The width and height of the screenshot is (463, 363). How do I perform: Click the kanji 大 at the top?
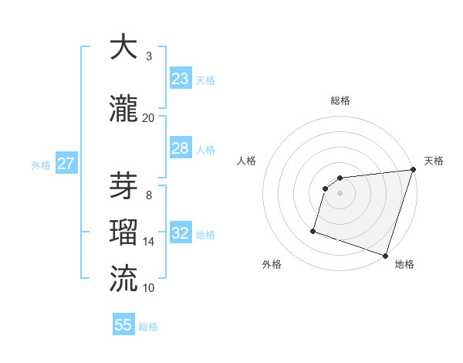124,47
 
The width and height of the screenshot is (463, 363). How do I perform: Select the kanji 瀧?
124,109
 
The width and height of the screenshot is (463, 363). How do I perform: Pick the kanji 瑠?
124,232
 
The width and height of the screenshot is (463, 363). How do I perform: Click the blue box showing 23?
181,79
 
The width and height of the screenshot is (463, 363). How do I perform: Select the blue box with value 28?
181,148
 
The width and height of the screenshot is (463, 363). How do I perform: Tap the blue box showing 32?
181,233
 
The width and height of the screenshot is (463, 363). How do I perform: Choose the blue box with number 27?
66,164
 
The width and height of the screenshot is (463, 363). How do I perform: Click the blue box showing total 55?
123,325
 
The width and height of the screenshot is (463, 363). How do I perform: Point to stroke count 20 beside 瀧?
148,118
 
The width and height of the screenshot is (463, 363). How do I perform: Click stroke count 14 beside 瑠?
148,242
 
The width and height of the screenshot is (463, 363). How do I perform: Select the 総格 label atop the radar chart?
340,100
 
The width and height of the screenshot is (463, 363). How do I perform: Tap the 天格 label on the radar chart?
434,161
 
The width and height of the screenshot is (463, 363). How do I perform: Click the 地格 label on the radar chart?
404,265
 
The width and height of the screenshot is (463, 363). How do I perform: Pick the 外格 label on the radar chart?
272,265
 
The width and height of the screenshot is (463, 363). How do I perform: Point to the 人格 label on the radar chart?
247,161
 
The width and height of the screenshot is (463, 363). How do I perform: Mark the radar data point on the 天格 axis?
413,170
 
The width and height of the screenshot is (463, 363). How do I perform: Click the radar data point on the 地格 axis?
385,255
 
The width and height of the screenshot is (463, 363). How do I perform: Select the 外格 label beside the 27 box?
41,165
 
